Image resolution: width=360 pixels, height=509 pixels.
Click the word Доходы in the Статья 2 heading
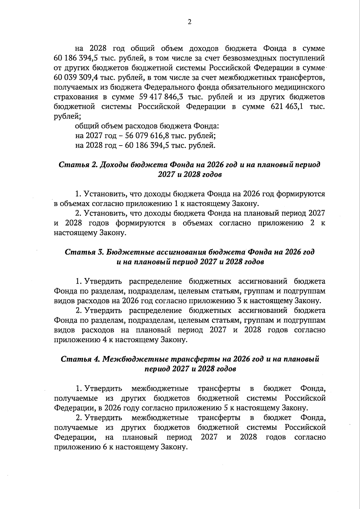click(115, 165)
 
